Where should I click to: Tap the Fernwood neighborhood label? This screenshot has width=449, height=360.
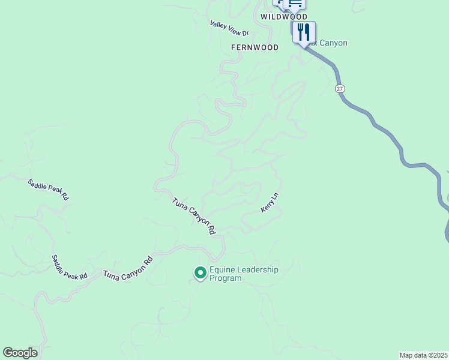point(255,47)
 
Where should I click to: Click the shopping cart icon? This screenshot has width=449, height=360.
point(295,4)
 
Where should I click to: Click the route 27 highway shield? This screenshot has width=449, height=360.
point(340,88)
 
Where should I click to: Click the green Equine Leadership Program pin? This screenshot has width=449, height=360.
point(200,273)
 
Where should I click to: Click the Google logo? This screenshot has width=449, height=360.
point(20,353)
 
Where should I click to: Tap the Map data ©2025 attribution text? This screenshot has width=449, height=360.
point(424,355)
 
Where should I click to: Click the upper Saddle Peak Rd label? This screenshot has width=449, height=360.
point(49,190)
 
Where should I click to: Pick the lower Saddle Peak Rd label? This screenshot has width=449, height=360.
point(69,266)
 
